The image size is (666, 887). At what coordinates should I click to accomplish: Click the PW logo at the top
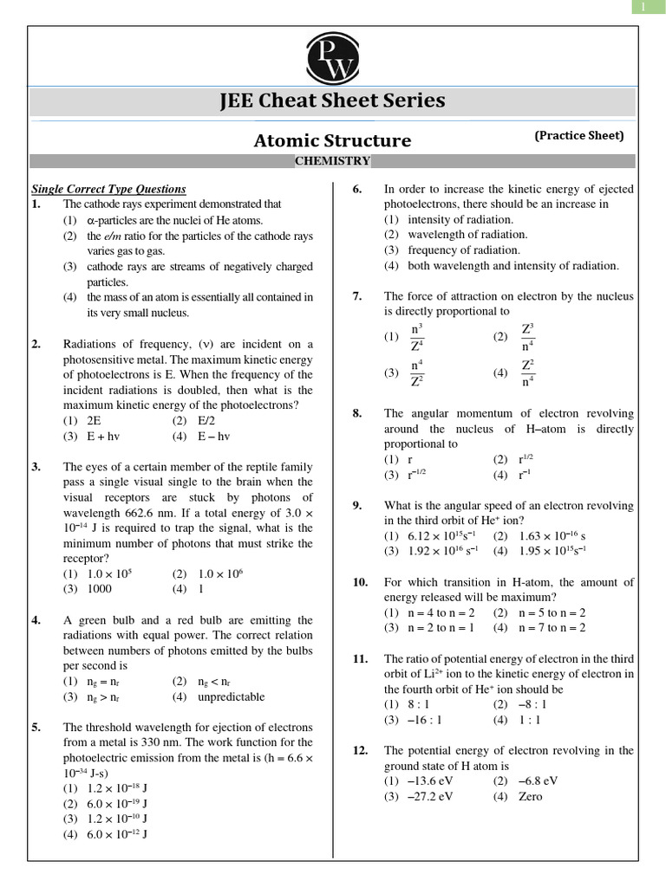click(332, 56)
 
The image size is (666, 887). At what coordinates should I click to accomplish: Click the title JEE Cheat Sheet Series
click(332, 100)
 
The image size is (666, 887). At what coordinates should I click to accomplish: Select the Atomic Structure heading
click(332, 140)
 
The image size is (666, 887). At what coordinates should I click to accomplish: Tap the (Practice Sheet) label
click(578, 135)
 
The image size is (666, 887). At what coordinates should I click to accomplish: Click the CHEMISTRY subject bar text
click(332, 161)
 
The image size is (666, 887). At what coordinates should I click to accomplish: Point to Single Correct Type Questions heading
click(108, 189)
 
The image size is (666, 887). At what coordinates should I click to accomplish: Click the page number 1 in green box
click(643, 7)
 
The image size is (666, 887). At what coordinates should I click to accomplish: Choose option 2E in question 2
click(94, 420)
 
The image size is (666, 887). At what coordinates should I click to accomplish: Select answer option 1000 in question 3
click(99, 589)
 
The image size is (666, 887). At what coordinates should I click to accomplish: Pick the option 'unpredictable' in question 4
click(231, 696)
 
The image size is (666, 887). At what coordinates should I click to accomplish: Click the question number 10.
click(361, 583)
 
